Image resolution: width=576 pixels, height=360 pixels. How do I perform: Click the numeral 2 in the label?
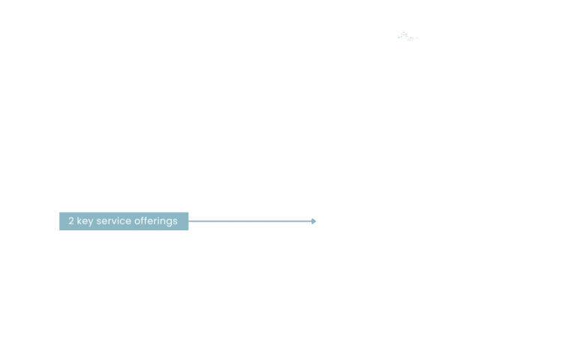coord(71,221)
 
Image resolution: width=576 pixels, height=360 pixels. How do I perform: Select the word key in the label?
coord(85,221)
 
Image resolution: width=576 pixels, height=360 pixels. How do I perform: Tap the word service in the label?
coord(114,221)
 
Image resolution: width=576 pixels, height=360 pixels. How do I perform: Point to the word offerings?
coord(156,221)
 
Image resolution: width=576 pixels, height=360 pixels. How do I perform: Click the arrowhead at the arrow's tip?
coord(313,221)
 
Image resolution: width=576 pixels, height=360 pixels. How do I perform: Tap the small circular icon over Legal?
coord(403,35)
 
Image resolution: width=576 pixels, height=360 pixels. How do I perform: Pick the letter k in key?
coord(79,221)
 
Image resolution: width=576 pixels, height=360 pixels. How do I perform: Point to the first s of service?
coord(100,221)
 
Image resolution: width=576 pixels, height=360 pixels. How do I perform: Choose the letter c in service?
coord(124,221)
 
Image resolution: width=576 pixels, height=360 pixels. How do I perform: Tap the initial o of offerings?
coord(137,221)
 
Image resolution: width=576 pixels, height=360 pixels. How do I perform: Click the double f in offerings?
coord(144,220)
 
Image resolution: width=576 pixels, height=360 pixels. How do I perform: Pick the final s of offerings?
coord(175,221)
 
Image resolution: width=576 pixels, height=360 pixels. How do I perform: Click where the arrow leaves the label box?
coord(190,221)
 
